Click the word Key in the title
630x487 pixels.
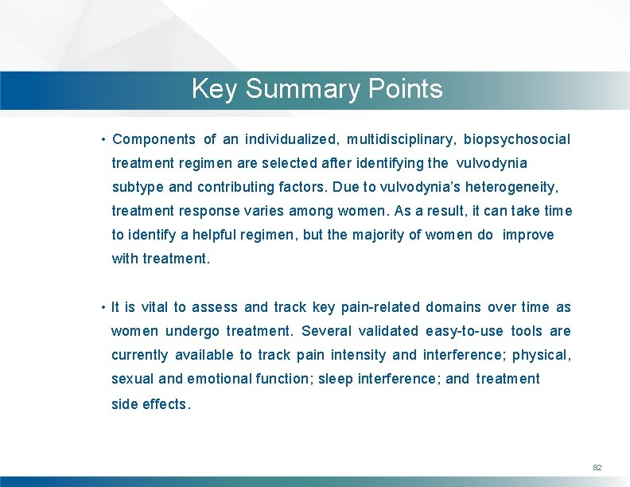(214, 89)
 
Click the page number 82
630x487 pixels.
(597, 467)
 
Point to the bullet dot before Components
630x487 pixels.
(104, 140)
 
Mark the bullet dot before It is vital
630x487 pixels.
(104, 308)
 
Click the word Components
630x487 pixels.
(154, 139)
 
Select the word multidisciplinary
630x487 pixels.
(401, 139)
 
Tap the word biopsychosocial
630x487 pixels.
(517, 139)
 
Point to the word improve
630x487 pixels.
(528, 235)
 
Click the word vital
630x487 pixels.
(154, 307)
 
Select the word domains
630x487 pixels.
(453, 307)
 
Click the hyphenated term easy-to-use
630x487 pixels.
(463, 331)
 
